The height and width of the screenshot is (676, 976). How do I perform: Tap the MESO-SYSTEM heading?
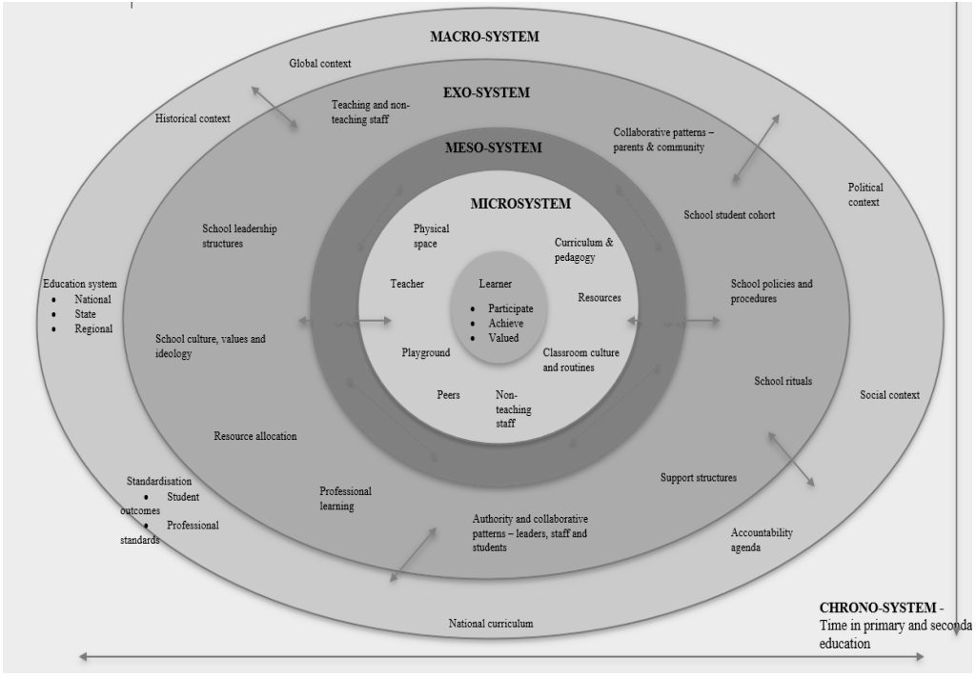coord(493,148)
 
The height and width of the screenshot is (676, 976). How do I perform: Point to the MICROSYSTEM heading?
coord(520,204)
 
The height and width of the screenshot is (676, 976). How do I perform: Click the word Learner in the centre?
coord(495,284)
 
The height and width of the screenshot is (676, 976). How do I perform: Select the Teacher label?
coord(407,284)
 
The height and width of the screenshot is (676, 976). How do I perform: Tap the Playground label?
coord(426,352)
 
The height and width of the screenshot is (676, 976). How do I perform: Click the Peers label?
coord(448,395)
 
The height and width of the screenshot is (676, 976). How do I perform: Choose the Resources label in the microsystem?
coord(600,298)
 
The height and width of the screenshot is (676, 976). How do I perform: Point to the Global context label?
coord(320,64)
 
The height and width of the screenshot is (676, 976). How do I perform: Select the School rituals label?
coord(783,381)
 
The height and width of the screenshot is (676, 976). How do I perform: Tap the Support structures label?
coord(699,477)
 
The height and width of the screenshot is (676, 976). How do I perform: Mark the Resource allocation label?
coord(255,436)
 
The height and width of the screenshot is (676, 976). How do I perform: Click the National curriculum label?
coord(491,624)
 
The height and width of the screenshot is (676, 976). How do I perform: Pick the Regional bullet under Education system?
coord(93,328)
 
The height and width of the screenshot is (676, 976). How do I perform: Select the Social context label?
coord(889,395)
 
